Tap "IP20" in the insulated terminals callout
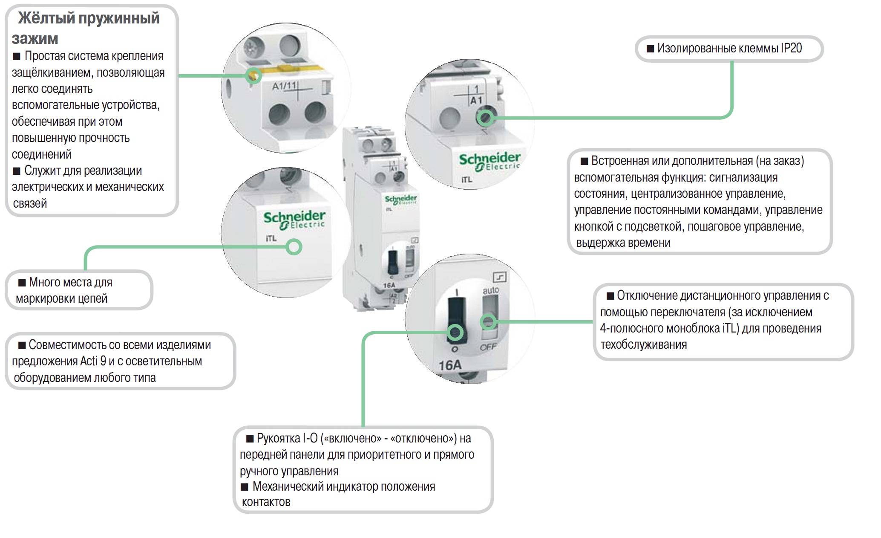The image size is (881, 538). [791, 48]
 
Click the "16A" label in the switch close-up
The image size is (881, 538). [450, 365]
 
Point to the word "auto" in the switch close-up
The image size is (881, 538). [490, 290]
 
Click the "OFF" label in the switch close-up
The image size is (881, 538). [488, 347]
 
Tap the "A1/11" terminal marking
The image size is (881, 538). [284, 86]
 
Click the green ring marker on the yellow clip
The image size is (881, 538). [254, 76]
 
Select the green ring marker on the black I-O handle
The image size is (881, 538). [455, 332]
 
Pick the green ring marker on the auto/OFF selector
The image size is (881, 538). [488, 321]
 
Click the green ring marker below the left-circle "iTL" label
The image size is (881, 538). [294, 247]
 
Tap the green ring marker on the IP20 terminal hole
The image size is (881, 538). [485, 117]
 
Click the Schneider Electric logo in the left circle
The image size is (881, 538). [294, 220]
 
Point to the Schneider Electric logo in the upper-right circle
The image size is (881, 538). [490, 162]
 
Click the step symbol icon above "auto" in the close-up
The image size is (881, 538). [499, 278]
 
